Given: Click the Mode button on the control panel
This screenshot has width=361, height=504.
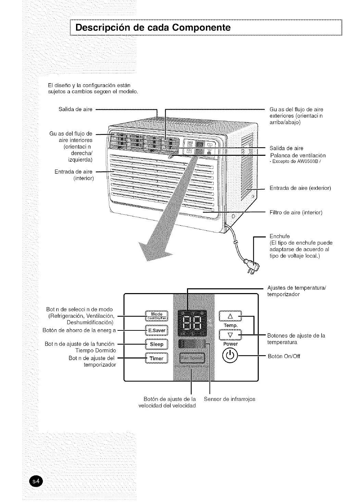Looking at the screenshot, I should coord(157,316).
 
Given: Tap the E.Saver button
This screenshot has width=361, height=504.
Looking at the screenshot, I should coord(157,330).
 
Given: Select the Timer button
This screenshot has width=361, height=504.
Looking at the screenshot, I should coord(157,358).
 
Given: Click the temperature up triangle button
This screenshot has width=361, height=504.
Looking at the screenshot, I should coord(230,316).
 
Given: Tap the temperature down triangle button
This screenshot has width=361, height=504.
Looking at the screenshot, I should coord(230,335).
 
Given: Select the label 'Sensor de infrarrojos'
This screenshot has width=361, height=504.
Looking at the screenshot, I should coord(229,399).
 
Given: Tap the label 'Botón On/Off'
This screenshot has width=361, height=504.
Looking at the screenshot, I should coord(284,356).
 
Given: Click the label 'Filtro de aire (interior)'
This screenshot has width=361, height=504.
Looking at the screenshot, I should coord(296,213).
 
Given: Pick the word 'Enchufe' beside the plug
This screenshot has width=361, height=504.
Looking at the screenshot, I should coord(280,236).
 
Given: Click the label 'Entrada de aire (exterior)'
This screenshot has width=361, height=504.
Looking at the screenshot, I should coord(300,188).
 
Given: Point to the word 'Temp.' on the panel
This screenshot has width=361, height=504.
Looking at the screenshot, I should coord(231,325).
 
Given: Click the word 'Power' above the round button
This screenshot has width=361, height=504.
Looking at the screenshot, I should coord(230,344).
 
